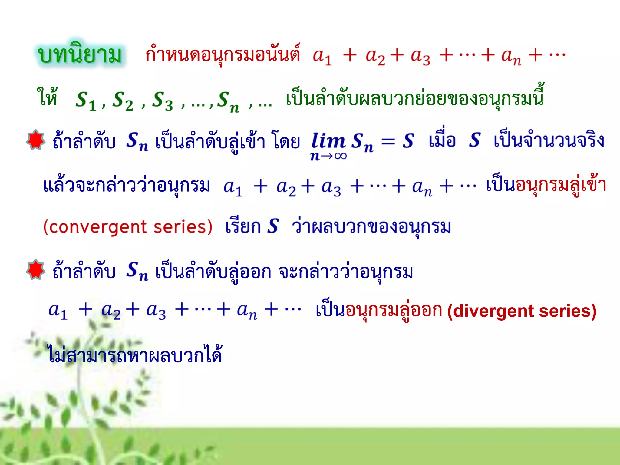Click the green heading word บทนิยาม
80,54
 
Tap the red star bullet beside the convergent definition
36,140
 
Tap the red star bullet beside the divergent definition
36,269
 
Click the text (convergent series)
128,227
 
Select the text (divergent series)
522,311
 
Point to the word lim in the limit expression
328,141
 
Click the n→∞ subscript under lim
328,156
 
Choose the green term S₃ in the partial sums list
162,101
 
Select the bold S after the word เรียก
273,226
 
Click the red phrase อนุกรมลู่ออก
394,310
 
